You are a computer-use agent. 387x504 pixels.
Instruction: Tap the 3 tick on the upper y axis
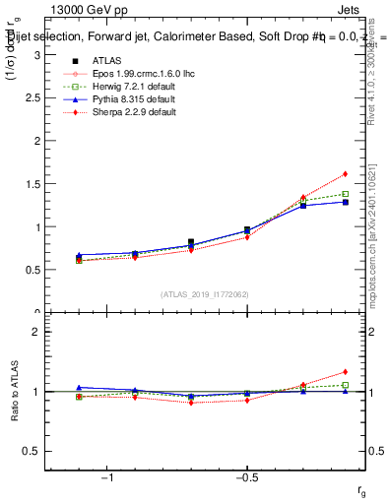(x=39, y=55)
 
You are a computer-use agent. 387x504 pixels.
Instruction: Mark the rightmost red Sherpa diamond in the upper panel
(x=346, y=174)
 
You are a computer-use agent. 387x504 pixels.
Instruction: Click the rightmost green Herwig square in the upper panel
(x=346, y=194)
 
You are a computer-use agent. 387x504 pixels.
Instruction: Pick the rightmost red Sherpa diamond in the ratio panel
(x=346, y=372)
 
